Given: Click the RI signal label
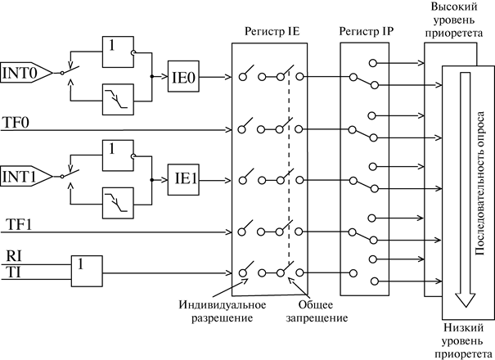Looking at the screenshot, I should coord(16,257).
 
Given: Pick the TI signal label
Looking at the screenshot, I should coord(15,272).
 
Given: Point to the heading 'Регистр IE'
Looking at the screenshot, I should coord(269,31).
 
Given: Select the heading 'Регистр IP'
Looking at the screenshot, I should coord(365,31).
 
